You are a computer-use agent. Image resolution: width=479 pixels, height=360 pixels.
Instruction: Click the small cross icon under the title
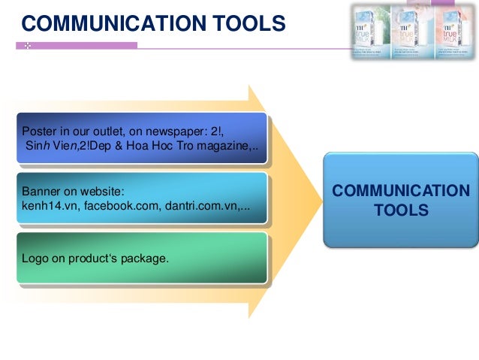click(x=26, y=47)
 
